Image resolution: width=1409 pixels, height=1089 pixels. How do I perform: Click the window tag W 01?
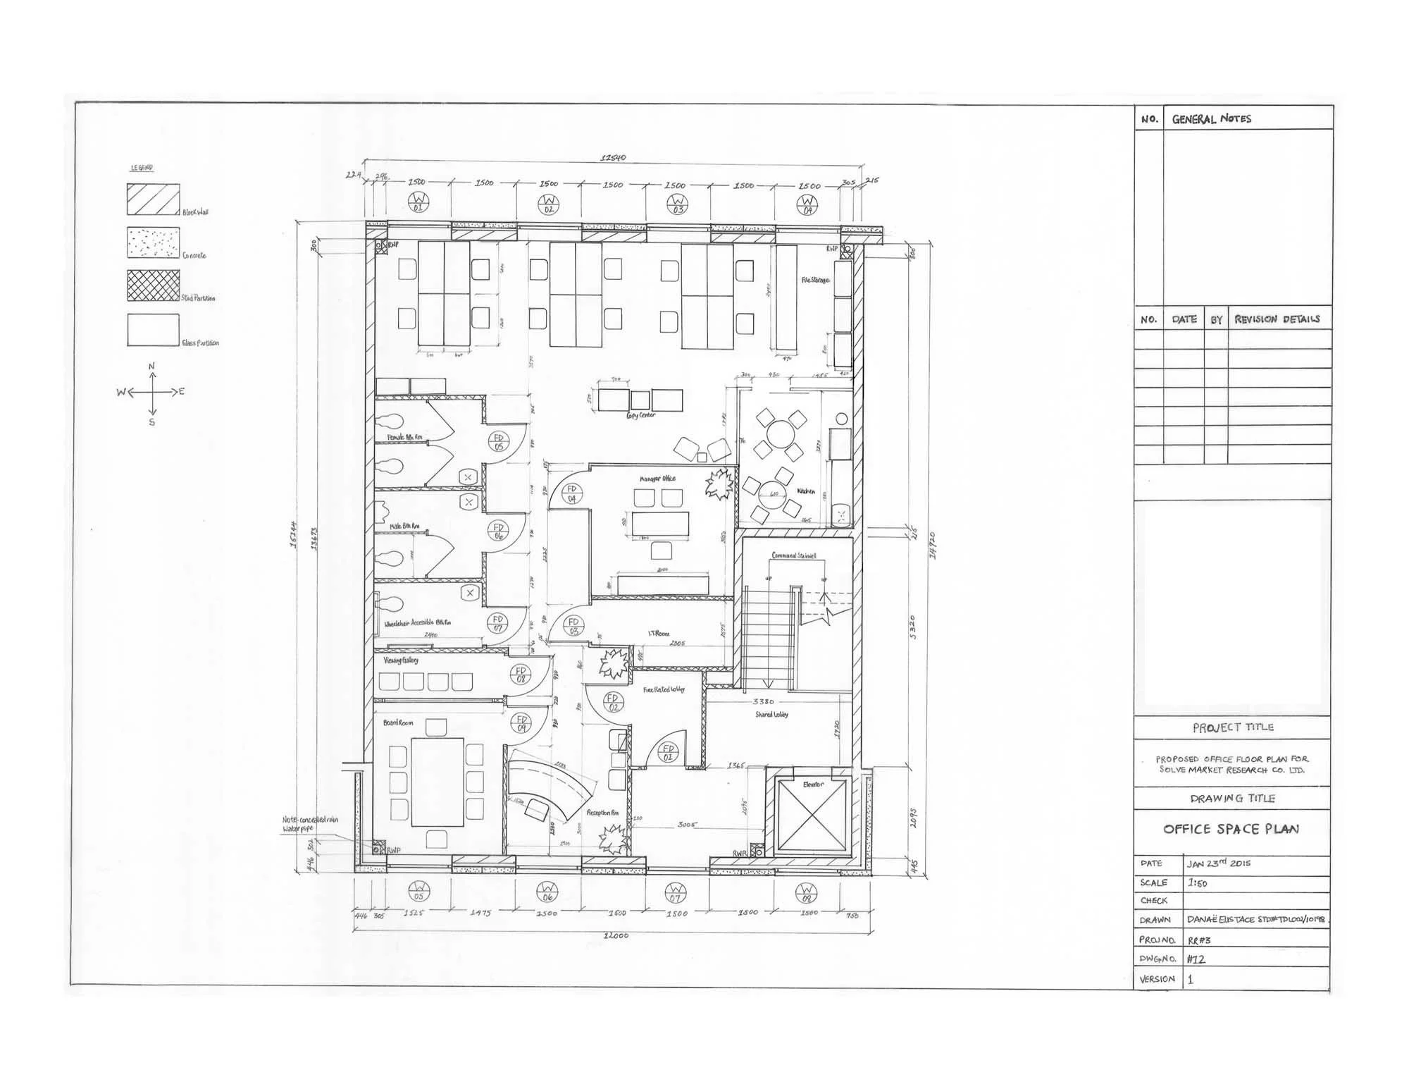418,202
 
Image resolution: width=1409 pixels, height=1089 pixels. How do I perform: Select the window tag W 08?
807,893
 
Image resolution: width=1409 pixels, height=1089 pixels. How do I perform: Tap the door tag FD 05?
498,442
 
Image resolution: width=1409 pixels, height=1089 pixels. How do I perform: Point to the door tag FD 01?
668,752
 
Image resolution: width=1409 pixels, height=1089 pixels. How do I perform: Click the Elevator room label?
813,785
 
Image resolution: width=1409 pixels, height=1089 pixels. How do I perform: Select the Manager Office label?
657,479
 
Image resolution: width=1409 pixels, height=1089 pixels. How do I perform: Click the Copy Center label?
640,415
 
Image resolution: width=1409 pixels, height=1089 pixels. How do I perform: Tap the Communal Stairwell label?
794,555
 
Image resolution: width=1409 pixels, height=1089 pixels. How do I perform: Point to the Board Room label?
398,722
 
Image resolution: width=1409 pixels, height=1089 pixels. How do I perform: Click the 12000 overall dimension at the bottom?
615,935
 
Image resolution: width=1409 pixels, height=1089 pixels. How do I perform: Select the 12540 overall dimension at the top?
612,158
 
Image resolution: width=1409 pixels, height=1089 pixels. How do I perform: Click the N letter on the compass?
151,367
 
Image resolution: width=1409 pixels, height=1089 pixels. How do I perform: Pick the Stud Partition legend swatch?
153,285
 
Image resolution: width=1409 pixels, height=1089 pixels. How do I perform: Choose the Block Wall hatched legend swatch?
153,199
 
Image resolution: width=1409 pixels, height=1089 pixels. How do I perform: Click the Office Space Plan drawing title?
1231,829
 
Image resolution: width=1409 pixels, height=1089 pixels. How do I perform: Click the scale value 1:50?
1198,882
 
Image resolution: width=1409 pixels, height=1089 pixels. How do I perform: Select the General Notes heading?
1211,119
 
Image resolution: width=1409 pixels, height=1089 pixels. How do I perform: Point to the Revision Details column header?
1277,319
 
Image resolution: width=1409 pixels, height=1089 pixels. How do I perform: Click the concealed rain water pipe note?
310,824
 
